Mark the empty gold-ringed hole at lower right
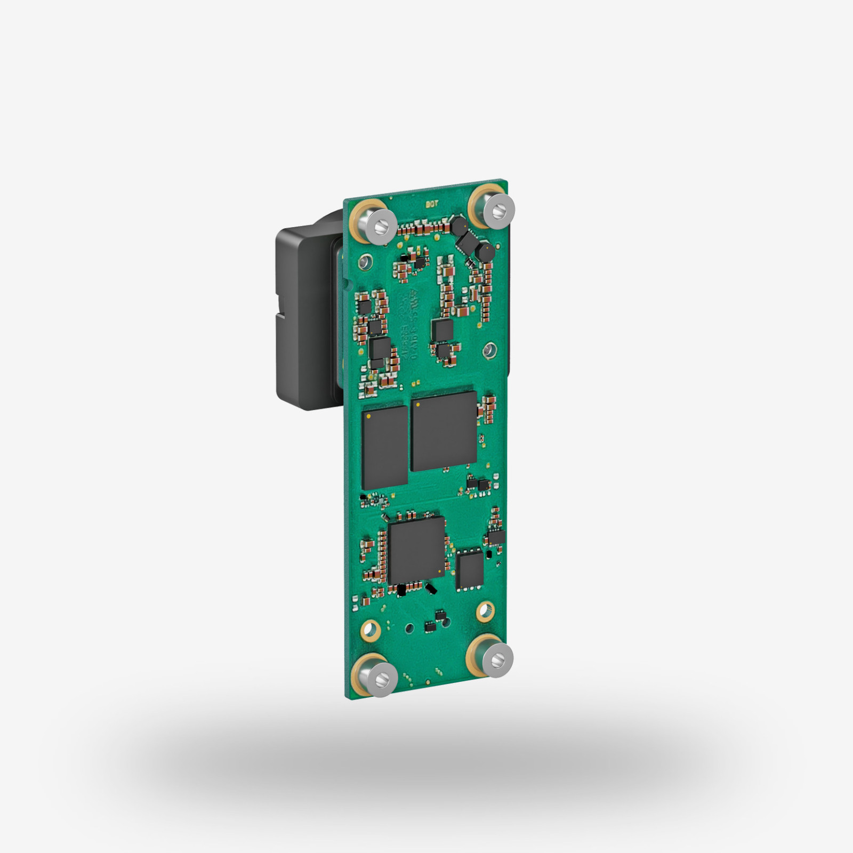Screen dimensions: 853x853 click(x=485, y=611)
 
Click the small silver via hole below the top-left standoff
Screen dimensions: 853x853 click(x=365, y=261)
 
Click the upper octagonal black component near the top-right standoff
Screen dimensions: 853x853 click(x=458, y=226)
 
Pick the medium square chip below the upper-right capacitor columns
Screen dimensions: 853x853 click(x=442, y=329)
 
